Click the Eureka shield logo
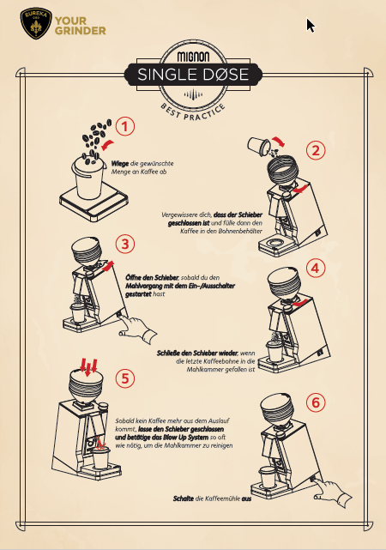[x=36, y=23]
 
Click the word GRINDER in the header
[x=81, y=31]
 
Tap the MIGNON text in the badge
[x=193, y=57]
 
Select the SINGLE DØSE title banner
[x=193, y=75]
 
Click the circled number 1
[x=125, y=126]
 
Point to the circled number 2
[x=316, y=150]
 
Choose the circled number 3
[x=125, y=244]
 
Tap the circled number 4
[x=316, y=268]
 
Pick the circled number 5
[x=125, y=378]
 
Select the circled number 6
[x=316, y=402]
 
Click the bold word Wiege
[x=120, y=164]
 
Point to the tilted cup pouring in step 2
[x=259, y=146]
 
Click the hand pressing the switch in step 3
[x=138, y=330]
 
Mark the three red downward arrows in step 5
[x=88, y=366]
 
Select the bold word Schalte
[x=184, y=499]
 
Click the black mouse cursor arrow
[x=311, y=26]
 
